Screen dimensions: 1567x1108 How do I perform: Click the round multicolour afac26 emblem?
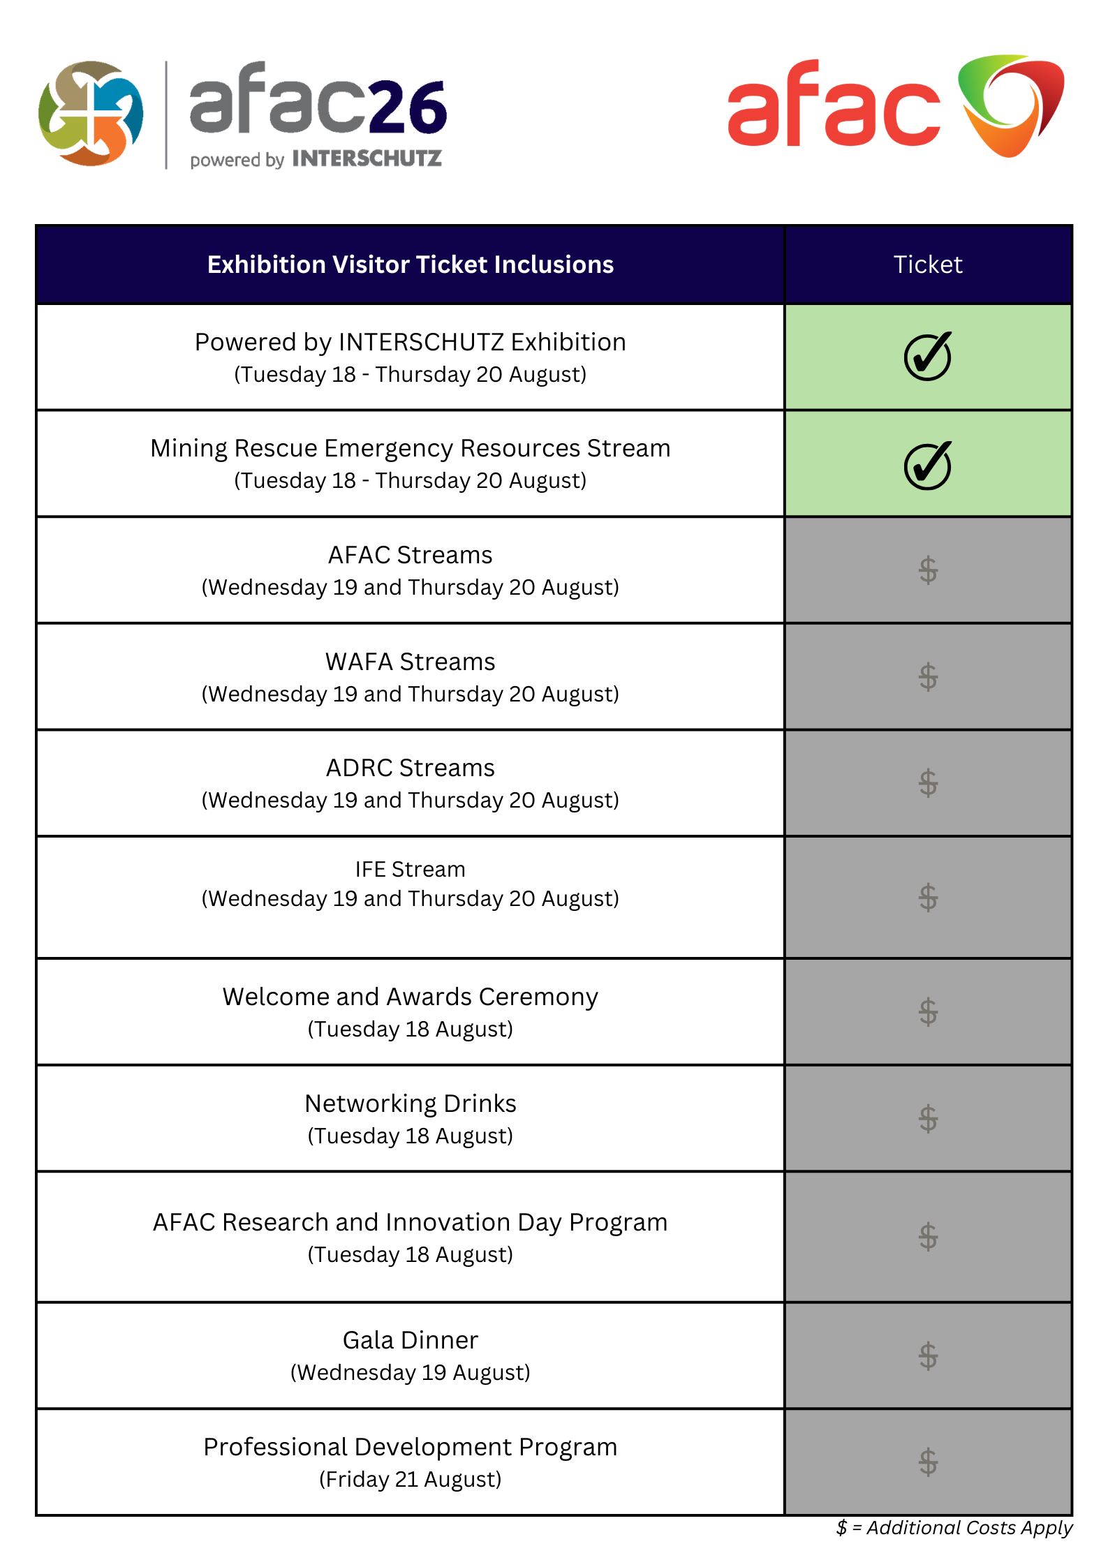pos(91,114)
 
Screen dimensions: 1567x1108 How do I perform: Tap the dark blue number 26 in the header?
pos(408,107)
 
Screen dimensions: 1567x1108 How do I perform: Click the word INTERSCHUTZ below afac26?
pos(367,159)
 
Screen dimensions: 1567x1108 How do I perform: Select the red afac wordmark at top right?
pos(834,105)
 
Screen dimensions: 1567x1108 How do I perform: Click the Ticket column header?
pos(927,265)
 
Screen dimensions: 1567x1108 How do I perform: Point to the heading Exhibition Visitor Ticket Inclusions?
pos(410,265)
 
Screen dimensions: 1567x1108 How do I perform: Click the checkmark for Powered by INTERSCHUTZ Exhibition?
pos(927,356)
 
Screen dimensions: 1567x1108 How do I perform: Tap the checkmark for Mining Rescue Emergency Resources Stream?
pos(927,465)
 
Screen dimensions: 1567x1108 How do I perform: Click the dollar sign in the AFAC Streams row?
pos(928,570)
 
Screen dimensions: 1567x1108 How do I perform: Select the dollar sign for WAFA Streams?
pos(928,677)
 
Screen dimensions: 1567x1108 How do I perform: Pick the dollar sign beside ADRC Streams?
pos(928,783)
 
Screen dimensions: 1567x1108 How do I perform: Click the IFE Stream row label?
pos(410,869)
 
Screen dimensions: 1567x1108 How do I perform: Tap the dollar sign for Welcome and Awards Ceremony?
pos(928,1012)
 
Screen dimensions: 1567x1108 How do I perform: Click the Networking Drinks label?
pos(410,1104)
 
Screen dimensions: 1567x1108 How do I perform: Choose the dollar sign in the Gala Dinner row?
pos(928,1356)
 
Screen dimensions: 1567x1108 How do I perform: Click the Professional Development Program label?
pos(410,1447)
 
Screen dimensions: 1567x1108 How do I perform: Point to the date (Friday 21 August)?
pos(410,1479)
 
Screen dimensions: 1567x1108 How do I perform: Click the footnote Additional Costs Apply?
pos(968,1528)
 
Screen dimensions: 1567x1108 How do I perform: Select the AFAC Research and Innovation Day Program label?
pos(410,1222)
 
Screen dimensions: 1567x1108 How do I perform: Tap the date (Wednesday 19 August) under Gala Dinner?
pos(410,1372)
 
